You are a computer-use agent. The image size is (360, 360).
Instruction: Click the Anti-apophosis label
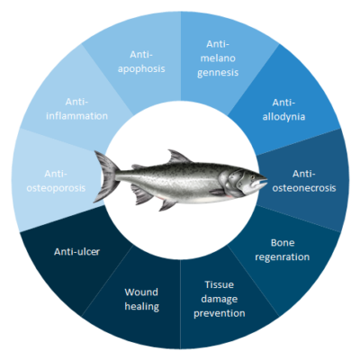coord(141,61)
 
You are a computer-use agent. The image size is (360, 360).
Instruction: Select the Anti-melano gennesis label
coord(218,58)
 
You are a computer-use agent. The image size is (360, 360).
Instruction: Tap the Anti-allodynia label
coord(283,110)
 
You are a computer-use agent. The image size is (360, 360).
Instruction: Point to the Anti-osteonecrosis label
coord(304,181)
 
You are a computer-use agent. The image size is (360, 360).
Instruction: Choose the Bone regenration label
coord(283,250)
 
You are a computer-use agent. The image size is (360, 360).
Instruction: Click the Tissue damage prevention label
coord(220,299)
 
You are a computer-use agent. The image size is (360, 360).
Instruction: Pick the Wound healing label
coord(141,299)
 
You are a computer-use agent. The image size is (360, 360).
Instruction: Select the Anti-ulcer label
coord(76,251)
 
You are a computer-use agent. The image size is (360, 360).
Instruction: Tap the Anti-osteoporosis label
coord(56,181)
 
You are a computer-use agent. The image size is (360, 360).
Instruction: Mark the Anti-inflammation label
coord(76,109)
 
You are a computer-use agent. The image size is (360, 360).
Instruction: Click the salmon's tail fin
coord(105,176)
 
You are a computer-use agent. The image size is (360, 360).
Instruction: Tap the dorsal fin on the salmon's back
coord(178,157)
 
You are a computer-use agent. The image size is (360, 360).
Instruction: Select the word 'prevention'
coord(220,313)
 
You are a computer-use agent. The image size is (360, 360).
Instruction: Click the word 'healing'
coord(142,307)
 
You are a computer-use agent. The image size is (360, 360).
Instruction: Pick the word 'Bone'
coord(283,243)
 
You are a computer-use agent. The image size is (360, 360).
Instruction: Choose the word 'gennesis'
coord(218,73)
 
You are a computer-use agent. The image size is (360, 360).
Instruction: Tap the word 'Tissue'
coord(220,284)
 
